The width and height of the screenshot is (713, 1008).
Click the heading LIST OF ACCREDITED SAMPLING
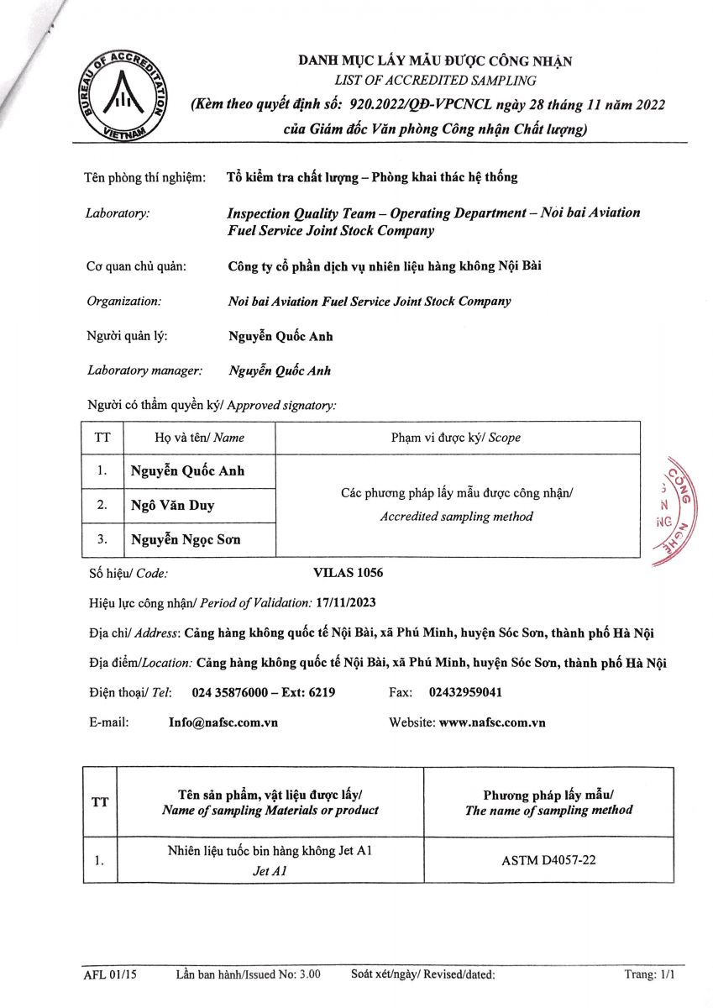[x=435, y=81]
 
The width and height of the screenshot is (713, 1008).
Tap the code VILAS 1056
[x=348, y=573]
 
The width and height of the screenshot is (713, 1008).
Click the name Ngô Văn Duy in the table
[x=172, y=505]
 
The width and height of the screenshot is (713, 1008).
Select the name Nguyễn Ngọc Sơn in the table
[x=186, y=539]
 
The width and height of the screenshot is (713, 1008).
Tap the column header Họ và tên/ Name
[x=199, y=438]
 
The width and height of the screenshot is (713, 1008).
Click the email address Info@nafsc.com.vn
[x=223, y=722]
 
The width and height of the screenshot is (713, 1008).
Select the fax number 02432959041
[x=466, y=693]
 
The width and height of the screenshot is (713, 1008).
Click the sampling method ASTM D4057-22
[x=548, y=860]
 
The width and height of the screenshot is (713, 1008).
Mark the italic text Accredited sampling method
[x=456, y=517]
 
